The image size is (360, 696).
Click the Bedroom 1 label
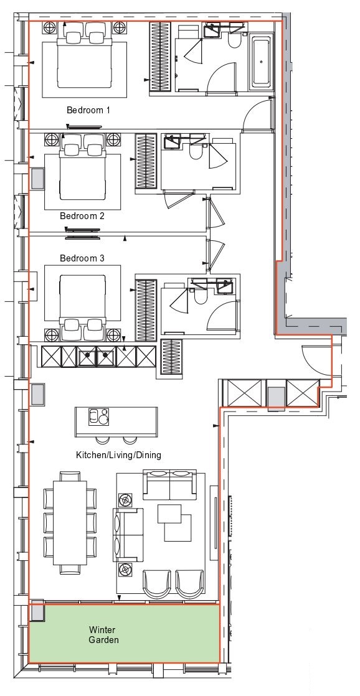[88, 110]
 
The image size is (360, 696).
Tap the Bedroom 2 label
[82, 216]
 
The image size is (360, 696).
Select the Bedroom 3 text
[82, 258]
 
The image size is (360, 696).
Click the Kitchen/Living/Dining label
[118, 455]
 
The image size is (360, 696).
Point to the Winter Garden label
[103, 635]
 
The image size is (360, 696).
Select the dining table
[70, 522]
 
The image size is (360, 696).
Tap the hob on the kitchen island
[98, 417]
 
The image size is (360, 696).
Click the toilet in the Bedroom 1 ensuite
[234, 40]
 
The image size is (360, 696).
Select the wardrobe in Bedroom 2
[146, 162]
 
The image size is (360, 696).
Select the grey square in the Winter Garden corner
[37, 612]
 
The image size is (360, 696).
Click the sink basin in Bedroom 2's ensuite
[171, 143]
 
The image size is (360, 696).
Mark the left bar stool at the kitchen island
[103, 440]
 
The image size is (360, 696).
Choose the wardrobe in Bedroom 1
[160, 57]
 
